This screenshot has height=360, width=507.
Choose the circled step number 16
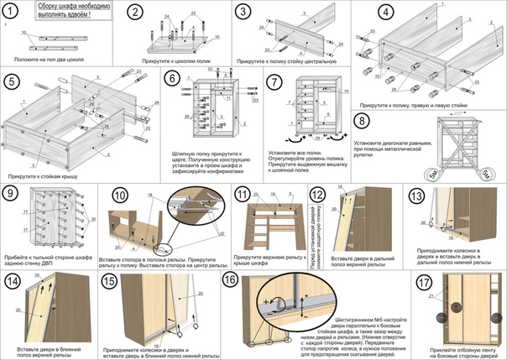[232, 282]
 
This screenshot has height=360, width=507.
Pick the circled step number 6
[173, 81]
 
